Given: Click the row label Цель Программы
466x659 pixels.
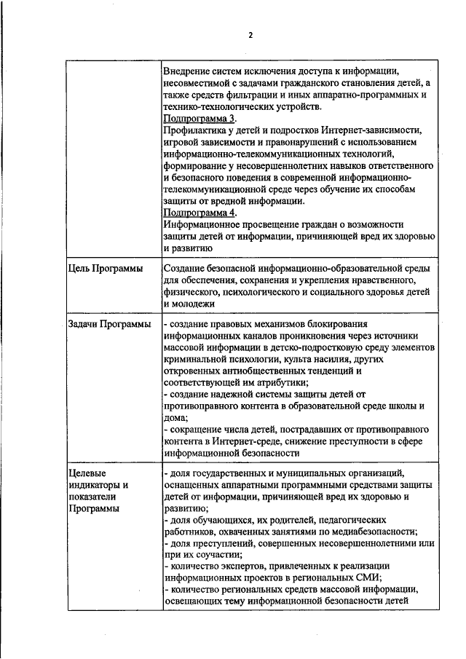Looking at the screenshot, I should [106, 269].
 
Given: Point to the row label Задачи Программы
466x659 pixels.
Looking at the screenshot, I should [109, 323].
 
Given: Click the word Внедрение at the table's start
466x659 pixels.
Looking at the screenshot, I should [191, 71].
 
